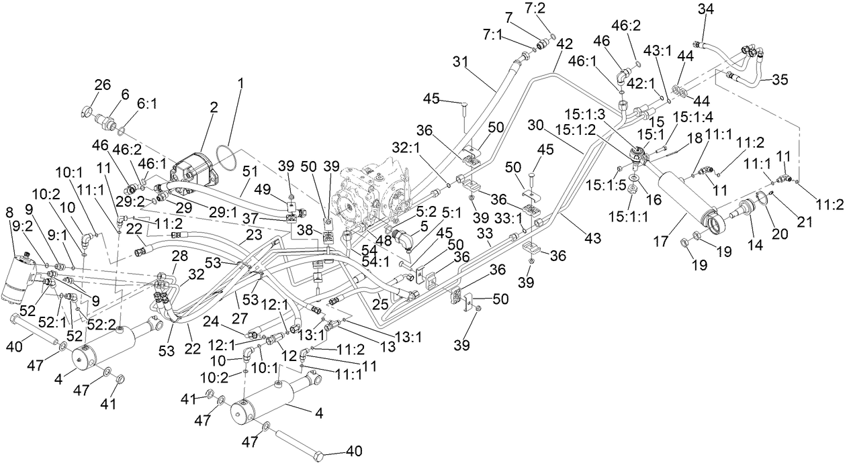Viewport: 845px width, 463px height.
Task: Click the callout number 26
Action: click(102, 85)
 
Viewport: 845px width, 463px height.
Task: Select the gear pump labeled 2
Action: click(195, 166)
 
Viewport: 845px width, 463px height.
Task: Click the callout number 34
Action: click(706, 10)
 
